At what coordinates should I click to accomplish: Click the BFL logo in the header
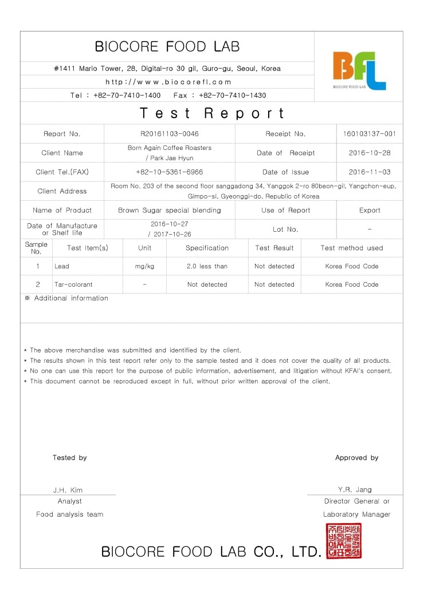359,70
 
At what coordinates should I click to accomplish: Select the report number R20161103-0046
170,134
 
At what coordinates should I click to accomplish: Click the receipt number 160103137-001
370,134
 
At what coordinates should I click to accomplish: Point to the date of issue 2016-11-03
370,172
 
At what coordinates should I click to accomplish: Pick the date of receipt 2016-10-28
370,153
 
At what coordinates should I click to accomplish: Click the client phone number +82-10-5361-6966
170,172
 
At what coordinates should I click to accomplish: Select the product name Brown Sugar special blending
170,210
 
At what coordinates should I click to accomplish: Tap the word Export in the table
370,210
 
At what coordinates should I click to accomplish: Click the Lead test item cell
62,266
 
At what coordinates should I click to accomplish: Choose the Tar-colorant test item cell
73,284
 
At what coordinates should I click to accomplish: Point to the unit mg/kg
145,266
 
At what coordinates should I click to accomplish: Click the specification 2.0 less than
207,266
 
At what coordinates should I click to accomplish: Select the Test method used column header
352,248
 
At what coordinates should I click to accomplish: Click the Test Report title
212,113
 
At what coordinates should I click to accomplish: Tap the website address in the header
168,82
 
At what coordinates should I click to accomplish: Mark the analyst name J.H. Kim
68,490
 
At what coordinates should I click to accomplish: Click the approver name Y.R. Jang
355,489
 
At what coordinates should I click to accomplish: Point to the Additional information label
71,298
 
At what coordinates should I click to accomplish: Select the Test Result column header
274,248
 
